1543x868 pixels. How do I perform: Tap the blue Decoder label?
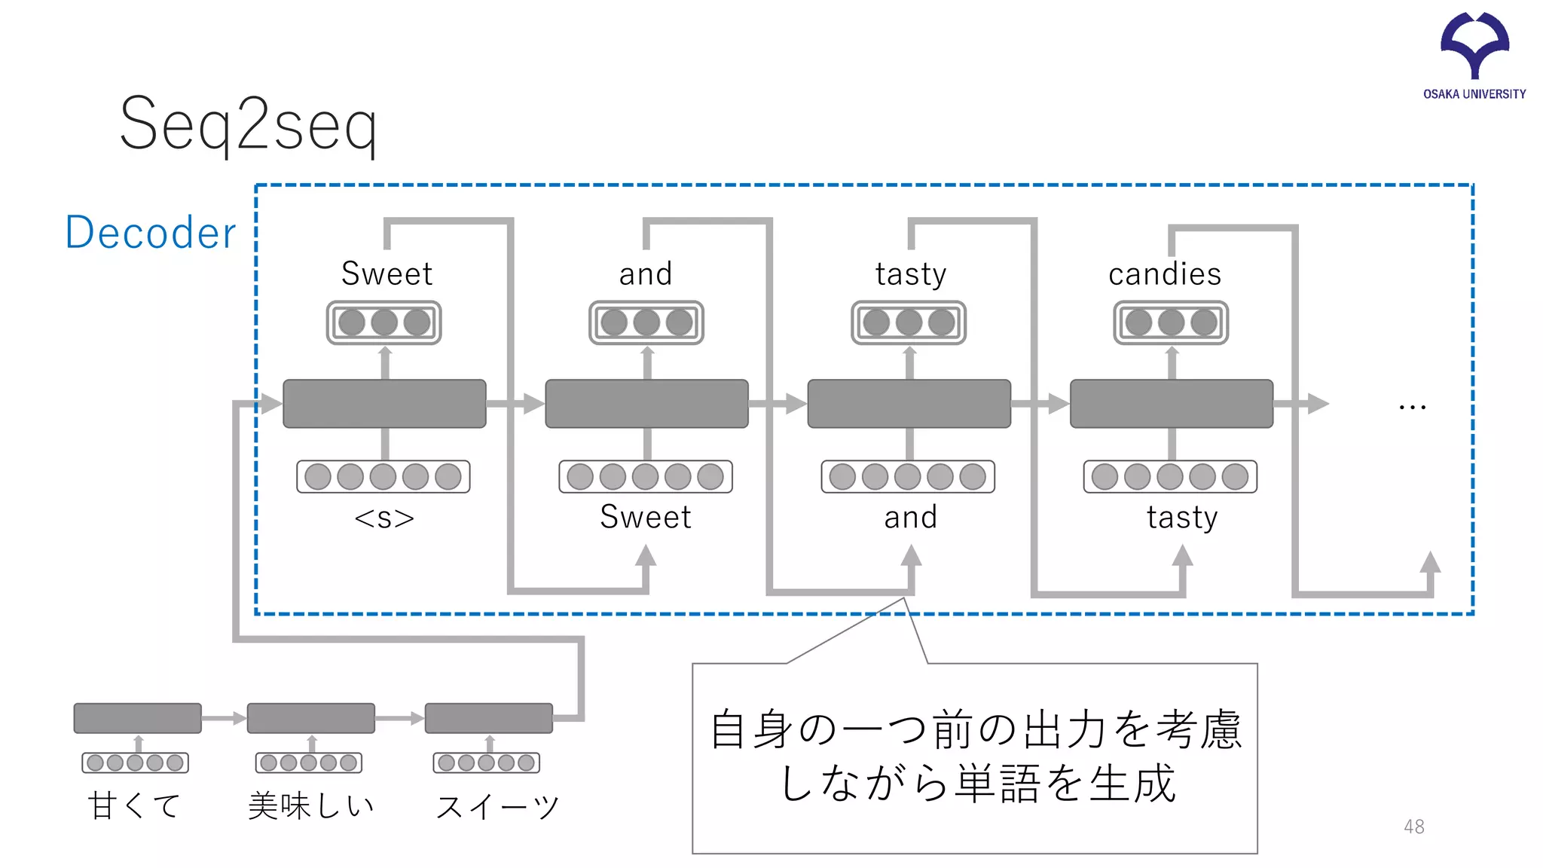(151, 232)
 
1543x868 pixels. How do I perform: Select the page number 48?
(1413, 827)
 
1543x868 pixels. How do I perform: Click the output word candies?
(1165, 274)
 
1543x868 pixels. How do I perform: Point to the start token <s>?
(384, 518)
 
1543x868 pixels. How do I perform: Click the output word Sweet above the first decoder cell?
(387, 274)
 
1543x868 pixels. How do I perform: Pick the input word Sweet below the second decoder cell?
(646, 517)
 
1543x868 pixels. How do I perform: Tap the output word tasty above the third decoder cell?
(911, 274)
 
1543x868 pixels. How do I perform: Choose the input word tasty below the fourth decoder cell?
(1182, 518)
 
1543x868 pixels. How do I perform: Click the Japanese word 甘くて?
(134, 805)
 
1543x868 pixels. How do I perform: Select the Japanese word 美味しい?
(311, 805)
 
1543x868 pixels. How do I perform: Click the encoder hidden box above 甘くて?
(137, 718)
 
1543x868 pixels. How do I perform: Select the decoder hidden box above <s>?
(384, 404)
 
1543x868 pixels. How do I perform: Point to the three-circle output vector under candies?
(1171, 322)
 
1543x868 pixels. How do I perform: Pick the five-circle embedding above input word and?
(908, 477)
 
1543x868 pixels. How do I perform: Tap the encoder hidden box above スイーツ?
(488, 718)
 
